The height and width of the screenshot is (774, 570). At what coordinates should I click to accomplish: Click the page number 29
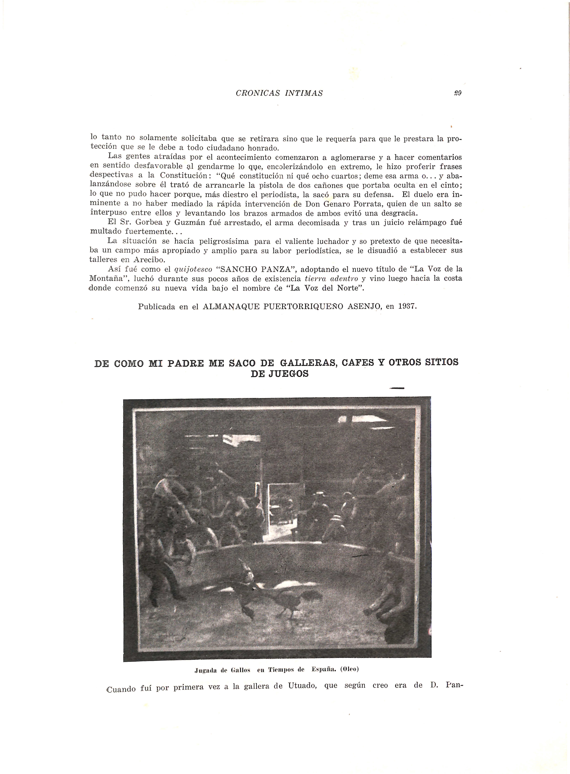click(x=458, y=93)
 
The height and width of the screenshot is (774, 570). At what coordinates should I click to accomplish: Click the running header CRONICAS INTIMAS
click(x=279, y=93)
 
